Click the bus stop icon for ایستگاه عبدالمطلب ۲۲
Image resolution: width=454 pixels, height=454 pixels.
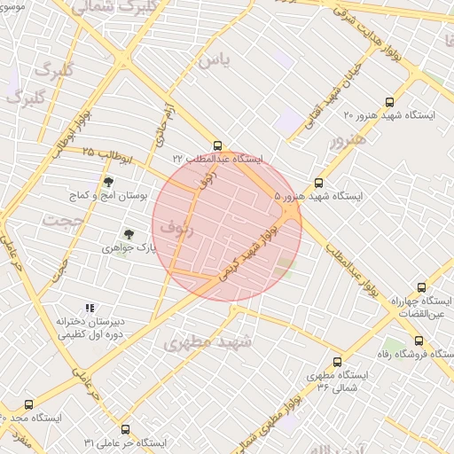[218, 145]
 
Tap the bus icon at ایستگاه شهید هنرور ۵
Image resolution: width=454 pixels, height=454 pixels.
[319, 183]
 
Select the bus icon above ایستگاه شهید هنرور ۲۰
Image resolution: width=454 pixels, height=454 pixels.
[390, 102]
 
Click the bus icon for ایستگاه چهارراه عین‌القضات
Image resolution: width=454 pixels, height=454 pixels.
[421, 287]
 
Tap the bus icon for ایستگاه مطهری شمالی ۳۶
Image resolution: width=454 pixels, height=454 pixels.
[337, 362]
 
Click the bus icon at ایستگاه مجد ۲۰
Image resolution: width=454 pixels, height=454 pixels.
[28, 404]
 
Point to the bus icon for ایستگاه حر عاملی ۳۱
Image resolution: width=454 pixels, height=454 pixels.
[124, 428]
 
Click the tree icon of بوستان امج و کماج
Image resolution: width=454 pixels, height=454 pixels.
[108, 181]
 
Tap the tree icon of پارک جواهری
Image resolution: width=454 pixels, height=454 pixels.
[129, 234]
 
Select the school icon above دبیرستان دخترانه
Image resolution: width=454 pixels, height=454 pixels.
[89, 307]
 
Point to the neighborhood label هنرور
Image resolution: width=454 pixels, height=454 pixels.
[347, 140]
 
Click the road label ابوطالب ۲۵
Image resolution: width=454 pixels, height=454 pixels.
[107, 155]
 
